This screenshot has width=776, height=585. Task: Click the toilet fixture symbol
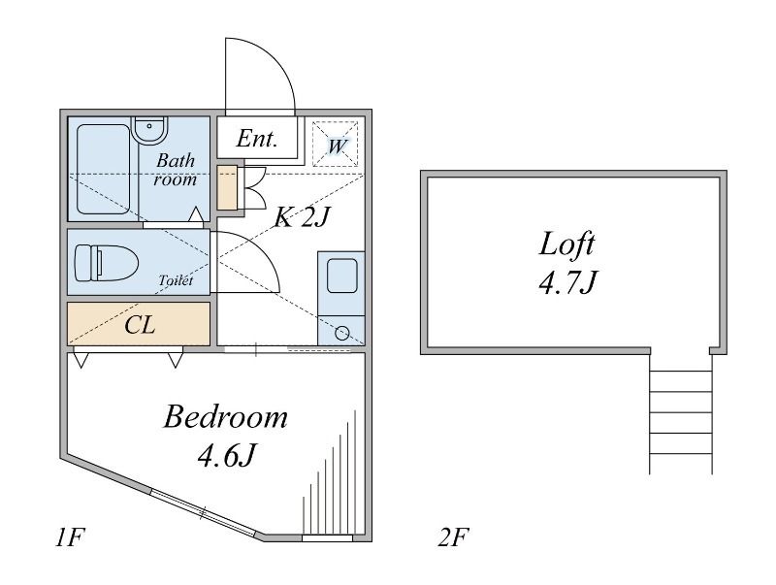[x=106, y=261]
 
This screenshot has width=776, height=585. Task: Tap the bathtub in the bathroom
[x=104, y=169]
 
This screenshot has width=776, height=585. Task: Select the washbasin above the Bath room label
[x=150, y=130]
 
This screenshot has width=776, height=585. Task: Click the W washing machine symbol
[x=336, y=144]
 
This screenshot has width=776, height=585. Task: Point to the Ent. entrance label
[x=256, y=139]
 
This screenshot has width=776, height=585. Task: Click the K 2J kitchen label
[x=302, y=216]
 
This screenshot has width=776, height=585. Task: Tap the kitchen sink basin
[x=342, y=276]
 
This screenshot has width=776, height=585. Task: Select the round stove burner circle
[x=342, y=333]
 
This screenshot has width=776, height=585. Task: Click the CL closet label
[x=140, y=325]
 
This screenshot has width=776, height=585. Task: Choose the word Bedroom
[x=226, y=417]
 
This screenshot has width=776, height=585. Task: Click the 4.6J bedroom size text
[x=227, y=456]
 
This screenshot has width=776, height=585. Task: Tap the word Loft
[x=566, y=244]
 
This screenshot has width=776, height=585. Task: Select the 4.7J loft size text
[x=567, y=283]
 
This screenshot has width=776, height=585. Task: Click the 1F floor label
[x=67, y=537]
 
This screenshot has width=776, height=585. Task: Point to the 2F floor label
[x=453, y=537]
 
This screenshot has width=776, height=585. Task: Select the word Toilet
[x=176, y=280]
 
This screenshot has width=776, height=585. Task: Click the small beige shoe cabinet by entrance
[x=228, y=187]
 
